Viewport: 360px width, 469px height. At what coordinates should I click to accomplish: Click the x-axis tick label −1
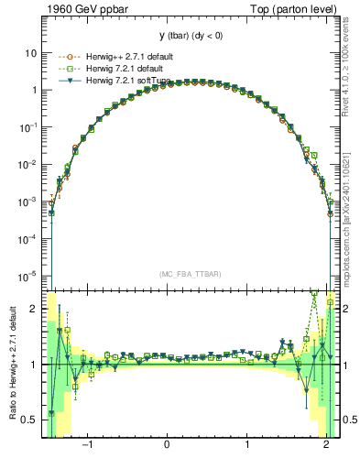click(x=87, y=446)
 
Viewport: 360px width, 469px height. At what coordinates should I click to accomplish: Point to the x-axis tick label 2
click(x=327, y=446)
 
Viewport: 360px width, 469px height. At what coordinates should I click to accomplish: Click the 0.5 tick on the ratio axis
click(x=29, y=420)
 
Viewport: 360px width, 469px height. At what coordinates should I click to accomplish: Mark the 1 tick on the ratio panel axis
click(x=34, y=365)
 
